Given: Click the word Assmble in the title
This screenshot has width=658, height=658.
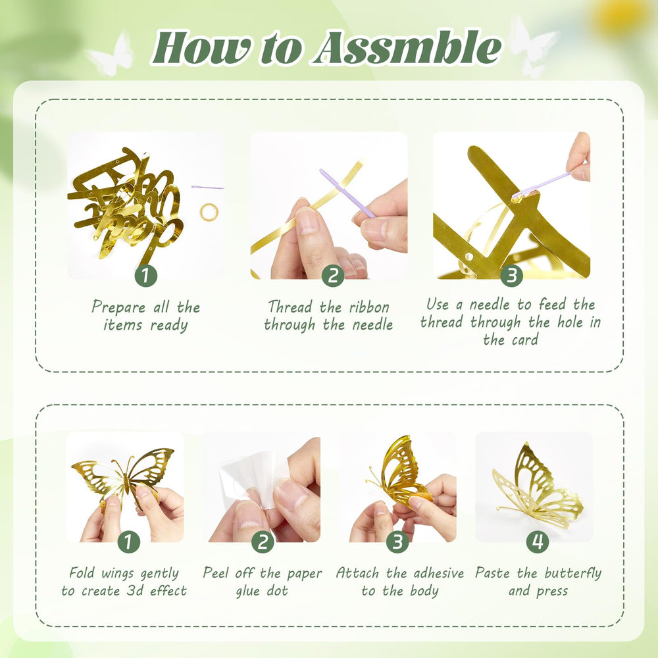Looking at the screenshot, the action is pyautogui.click(x=407, y=48).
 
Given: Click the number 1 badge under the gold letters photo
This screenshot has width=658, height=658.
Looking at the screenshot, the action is pyautogui.click(x=145, y=276).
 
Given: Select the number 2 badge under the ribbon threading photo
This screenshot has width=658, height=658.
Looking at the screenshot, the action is pyautogui.click(x=333, y=276).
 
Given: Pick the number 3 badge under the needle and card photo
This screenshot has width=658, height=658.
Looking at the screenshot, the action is pyautogui.click(x=511, y=276).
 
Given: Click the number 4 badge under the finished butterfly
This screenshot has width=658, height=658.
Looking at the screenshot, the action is pyautogui.click(x=538, y=542).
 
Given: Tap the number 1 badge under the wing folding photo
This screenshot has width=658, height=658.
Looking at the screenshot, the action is pyautogui.click(x=128, y=542).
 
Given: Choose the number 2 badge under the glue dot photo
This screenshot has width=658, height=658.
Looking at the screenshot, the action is pyautogui.click(x=263, y=542).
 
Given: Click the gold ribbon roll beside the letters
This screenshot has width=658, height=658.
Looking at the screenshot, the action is pyautogui.click(x=209, y=212).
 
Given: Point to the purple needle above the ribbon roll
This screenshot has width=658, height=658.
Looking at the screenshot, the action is pyautogui.click(x=207, y=187).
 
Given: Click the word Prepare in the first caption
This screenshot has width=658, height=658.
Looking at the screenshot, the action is pyautogui.click(x=118, y=307).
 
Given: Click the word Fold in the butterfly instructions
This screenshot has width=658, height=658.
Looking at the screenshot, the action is pyautogui.click(x=82, y=573).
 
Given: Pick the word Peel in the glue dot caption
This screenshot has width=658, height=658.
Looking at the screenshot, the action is pyautogui.click(x=216, y=573).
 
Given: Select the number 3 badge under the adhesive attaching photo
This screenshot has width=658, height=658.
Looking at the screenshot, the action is pyautogui.click(x=397, y=542).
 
